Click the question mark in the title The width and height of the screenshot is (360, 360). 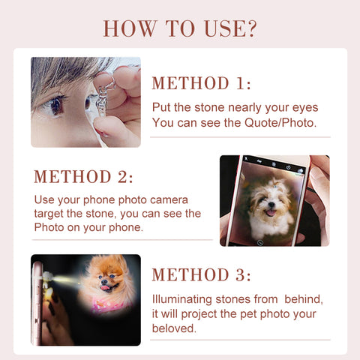tap(250, 28)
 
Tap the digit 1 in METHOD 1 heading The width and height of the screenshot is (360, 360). tap(240, 83)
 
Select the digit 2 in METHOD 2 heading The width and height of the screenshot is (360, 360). tap(122, 176)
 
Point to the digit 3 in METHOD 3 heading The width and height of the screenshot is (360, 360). tap(240, 274)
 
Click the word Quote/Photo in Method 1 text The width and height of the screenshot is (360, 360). tap(280, 123)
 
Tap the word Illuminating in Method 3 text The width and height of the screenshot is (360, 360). tap(182, 299)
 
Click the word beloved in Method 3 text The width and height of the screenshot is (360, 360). tap(174, 328)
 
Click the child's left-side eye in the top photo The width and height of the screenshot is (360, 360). tap(56, 105)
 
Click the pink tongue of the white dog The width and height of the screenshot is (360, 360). tap(271, 213)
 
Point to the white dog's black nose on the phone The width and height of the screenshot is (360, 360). tap(271, 205)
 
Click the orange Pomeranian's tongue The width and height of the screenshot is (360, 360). tap(106, 288)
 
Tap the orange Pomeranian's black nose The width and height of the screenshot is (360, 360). tap(104, 282)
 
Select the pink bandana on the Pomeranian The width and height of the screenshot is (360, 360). tap(110, 304)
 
